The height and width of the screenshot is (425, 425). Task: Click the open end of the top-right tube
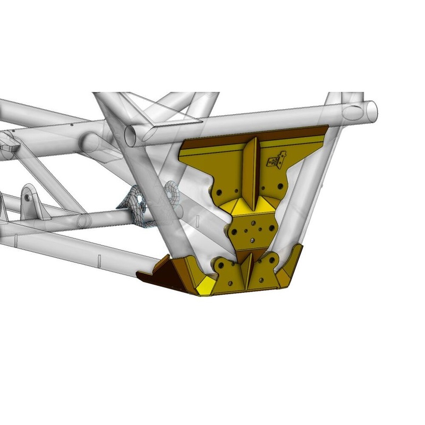point(353,113)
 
